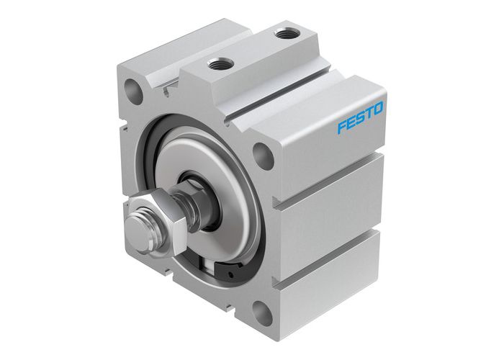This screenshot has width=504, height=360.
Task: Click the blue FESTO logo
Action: click(x=361, y=117)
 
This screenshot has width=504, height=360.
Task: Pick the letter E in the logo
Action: click(x=351, y=122)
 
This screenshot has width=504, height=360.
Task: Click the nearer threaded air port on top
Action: click(x=220, y=64)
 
